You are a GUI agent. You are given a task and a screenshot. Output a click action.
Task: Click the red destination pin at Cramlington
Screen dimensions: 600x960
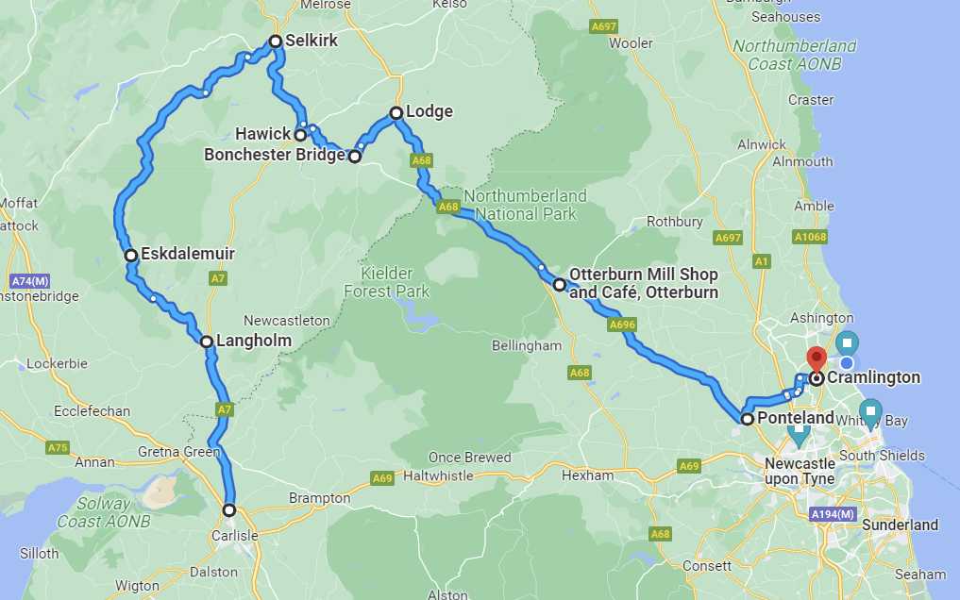pyautogui.click(x=816, y=358)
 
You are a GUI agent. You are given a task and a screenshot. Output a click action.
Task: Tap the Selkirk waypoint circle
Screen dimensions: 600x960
pyautogui.click(x=276, y=42)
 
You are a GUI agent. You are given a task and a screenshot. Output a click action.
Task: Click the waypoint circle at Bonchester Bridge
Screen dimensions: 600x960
pyautogui.click(x=355, y=157)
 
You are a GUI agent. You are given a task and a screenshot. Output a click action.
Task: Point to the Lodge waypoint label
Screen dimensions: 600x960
pyautogui.click(x=429, y=111)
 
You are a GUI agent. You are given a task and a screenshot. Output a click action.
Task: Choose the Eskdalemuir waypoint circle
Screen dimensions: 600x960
pyautogui.click(x=132, y=255)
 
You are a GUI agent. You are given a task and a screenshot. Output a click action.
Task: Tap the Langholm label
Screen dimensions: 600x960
pyautogui.click(x=254, y=341)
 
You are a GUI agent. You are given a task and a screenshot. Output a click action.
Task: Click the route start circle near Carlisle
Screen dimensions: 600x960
pyautogui.click(x=229, y=510)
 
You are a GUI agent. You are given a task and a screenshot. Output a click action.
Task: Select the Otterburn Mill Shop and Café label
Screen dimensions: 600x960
pyautogui.click(x=644, y=283)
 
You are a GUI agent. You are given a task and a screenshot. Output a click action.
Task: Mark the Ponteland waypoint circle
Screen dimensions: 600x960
pyautogui.click(x=748, y=419)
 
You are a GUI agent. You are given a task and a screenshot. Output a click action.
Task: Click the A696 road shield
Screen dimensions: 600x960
pyautogui.click(x=622, y=325)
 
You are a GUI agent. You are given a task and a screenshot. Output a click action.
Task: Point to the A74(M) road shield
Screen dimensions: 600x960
pyautogui.click(x=30, y=281)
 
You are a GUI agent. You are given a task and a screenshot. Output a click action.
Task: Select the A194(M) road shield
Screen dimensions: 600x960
pyautogui.click(x=831, y=514)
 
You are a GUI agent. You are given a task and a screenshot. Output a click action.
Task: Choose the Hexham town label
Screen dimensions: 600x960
pyautogui.click(x=587, y=475)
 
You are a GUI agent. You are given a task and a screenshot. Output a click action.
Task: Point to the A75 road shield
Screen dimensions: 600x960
pyautogui.click(x=58, y=447)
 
